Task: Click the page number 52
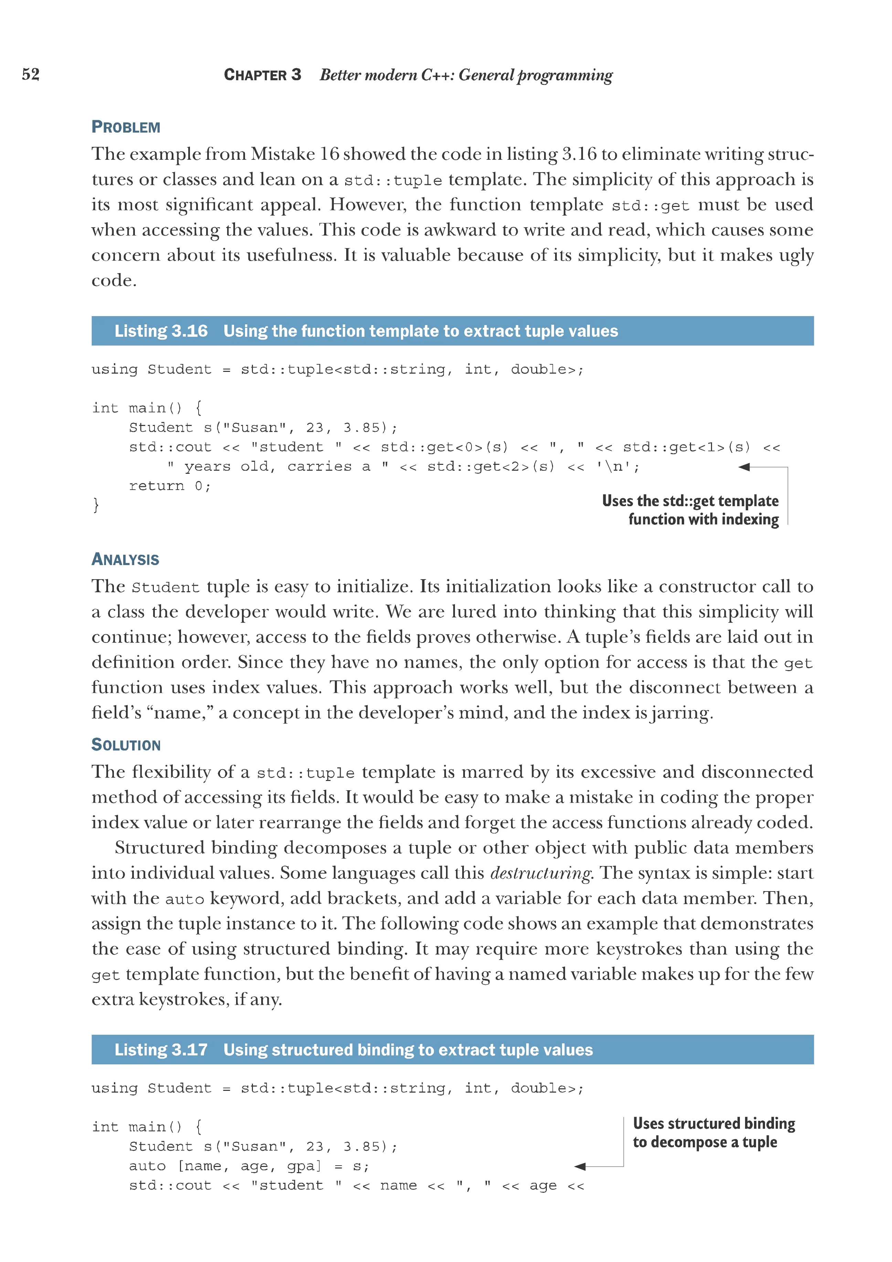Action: point(31,74)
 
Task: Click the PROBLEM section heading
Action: point(126,127)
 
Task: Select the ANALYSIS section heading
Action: point(125,560)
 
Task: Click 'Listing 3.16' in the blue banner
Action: point(161,331)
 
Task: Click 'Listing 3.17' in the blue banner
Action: point(161,1050)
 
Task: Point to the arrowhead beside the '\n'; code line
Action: point(745,467)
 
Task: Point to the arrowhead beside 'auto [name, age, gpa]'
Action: point(581,1166)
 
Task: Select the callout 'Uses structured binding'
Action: point(713,1124)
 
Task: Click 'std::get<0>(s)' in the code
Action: point(444,447)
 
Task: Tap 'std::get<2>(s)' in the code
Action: point(491,467)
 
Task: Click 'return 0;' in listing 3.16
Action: point(170,486)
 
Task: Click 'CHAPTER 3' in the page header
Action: point(263,75)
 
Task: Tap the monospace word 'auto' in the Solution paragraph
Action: point(184,899)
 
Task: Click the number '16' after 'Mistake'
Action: point(330,154)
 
